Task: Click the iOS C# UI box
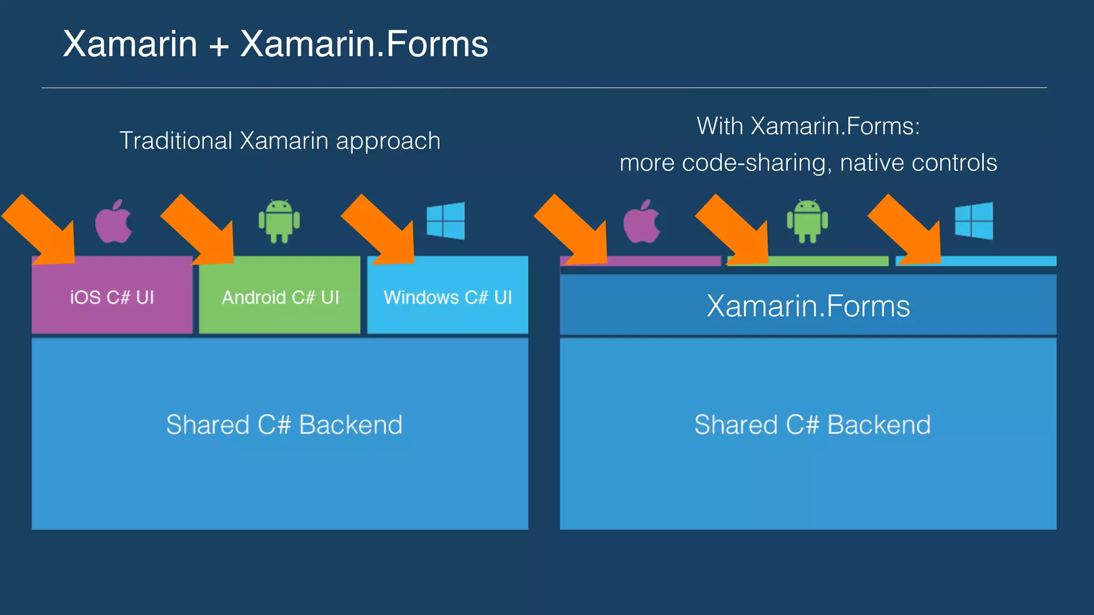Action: click(112, 297)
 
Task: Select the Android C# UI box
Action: click(280, 297)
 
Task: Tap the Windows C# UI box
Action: click(448, 297)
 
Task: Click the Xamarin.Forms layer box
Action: click(808, 305)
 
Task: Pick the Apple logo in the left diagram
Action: click(113, 222)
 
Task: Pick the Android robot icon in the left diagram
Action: click(279, 221)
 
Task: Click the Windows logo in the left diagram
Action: click(446, 220)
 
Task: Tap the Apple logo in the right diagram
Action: click(642, 222)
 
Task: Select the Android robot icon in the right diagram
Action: click(807, 221)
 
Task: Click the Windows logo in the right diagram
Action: click(974, 220)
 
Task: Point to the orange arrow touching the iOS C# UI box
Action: click(43, 232)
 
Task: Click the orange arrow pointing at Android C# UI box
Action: click(202, 232)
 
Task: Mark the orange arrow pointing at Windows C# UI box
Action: click(382, 232)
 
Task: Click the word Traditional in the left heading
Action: click(176, 141)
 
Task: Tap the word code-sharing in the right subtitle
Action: click(757, 163)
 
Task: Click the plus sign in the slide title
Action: click(218, 45)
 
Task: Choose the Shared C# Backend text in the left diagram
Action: click(284, 425)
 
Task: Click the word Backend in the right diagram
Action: click(879, 425)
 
